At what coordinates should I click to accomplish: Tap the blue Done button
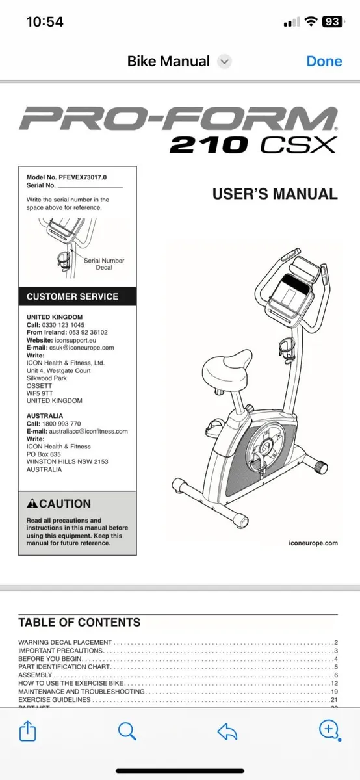point(324,61)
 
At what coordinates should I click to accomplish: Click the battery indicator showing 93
point(331,21)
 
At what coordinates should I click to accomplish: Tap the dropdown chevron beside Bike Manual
point(225,62)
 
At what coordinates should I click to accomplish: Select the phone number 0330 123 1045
point(64,325)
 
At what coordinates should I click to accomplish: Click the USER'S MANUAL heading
point(275,194)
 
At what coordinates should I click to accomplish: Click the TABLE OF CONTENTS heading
point(79,622)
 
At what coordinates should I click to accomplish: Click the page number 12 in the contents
point(334,683)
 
